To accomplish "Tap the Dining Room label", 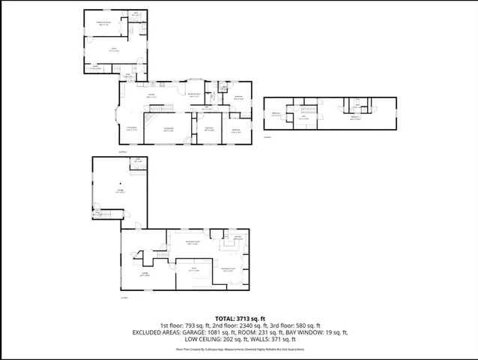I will click(131, 128).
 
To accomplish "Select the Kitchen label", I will click(151, 95).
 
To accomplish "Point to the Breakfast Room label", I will click(193, 94).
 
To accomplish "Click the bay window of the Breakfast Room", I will click(194, 79).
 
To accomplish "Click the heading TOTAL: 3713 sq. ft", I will click(239, 317).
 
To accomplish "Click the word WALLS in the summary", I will click(259, 338).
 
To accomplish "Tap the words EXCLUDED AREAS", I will click(156, 331).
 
